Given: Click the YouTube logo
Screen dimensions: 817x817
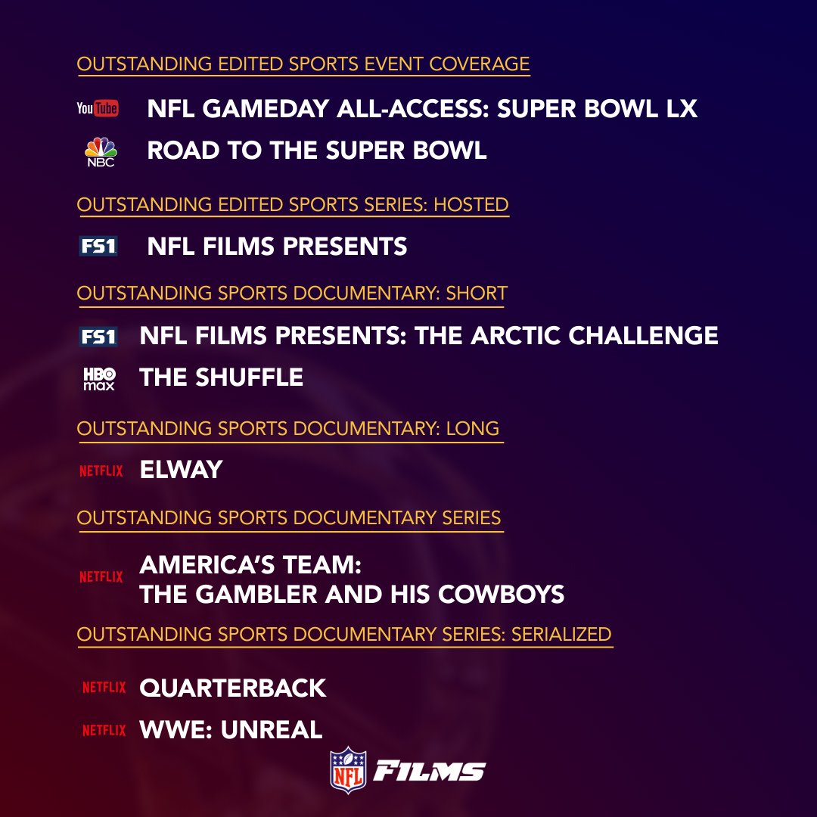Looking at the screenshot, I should [98, 109].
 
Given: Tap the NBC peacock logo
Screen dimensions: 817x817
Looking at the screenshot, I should [100, 151].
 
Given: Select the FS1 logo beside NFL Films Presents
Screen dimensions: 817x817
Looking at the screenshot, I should [98, 247].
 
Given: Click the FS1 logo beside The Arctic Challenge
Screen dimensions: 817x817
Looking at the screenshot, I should [98, 336].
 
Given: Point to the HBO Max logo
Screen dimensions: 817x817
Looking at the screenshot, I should [99, 378].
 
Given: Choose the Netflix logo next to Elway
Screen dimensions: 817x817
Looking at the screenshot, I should [101, 471].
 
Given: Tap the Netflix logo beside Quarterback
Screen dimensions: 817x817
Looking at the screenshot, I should [104, 688].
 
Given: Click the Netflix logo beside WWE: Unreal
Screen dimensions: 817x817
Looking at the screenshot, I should [104, 730].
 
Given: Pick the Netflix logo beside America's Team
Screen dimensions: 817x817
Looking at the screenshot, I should [101, 576].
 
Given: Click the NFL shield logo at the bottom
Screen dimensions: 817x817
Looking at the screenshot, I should [348, 770].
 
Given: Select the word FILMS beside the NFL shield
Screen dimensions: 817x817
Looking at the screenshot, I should [430, 772].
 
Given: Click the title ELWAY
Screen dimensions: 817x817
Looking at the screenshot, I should [181, 471].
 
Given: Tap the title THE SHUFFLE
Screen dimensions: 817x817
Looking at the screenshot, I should [221, 377].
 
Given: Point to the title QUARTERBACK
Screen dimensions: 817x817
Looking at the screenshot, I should [232, 688].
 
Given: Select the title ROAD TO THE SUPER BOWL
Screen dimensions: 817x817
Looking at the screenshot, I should [316, 151].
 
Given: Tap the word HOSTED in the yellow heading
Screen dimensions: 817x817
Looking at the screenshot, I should [471, 204].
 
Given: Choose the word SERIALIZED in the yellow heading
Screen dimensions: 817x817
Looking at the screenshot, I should [561, 633].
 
